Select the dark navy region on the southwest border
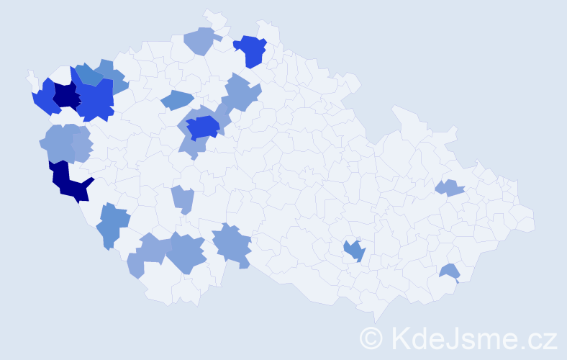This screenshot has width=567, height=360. tap(68, 182)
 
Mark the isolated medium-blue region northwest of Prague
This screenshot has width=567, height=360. tap(176, 100)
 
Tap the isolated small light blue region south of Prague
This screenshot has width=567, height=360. tap(183, 198)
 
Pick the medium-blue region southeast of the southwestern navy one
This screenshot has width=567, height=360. tap(112, 223)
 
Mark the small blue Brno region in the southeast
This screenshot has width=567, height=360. tap(355, 251)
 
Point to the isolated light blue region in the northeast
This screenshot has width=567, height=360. tap(450, 188)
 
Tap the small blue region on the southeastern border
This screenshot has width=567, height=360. tap(450, 272)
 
